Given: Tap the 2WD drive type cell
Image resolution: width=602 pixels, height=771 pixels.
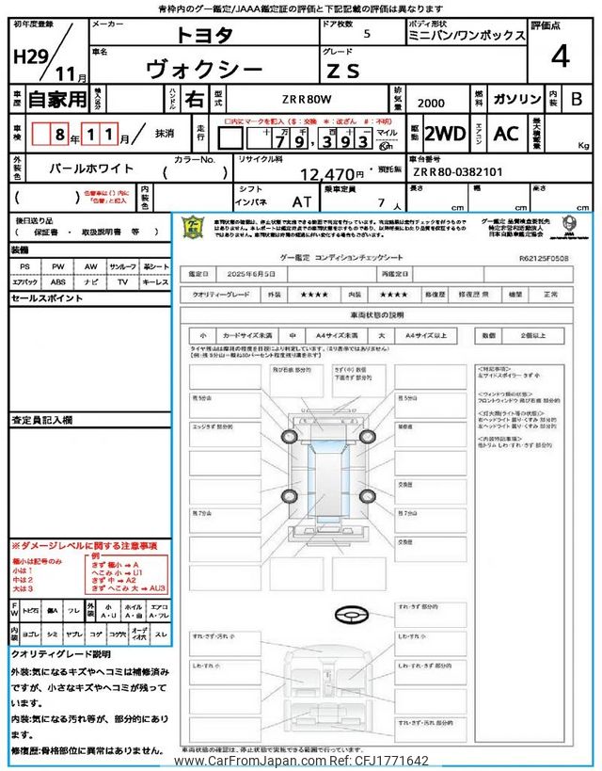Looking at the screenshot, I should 444,134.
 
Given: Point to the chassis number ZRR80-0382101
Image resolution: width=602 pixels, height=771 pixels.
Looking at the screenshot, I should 458,172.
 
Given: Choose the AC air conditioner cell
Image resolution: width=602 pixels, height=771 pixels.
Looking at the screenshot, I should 506,134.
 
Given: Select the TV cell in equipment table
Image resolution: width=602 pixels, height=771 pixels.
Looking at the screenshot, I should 123,281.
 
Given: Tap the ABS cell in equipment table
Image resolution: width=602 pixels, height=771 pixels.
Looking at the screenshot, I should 58,281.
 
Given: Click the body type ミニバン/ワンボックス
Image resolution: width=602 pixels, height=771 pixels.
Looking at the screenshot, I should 467,35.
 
